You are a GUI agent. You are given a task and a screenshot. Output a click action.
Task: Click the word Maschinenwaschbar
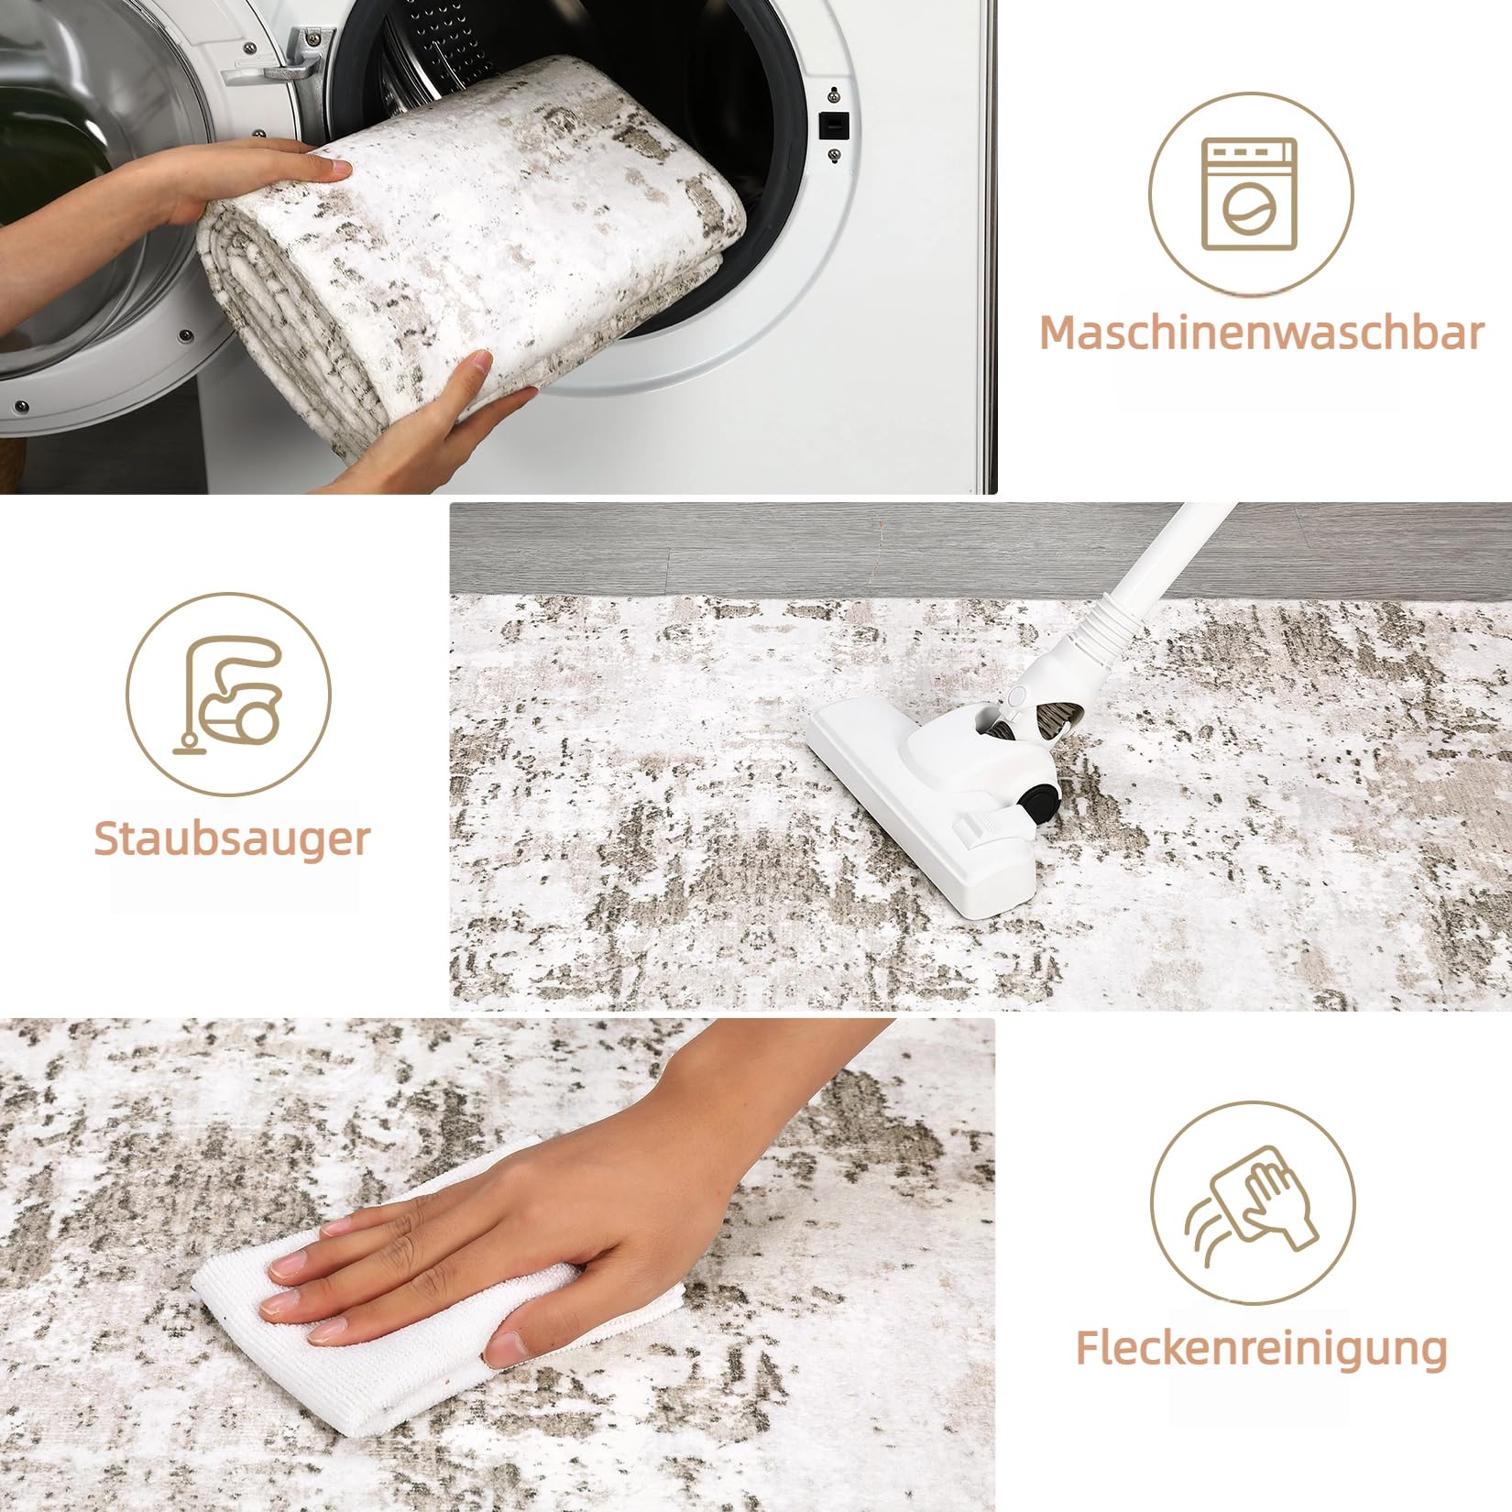click(1261, 333)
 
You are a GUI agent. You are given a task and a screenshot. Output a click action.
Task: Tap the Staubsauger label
click(232, 838)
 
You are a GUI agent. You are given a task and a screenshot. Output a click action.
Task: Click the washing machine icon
click(1250, 194)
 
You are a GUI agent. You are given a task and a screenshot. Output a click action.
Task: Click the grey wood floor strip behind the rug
click(981, 550)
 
